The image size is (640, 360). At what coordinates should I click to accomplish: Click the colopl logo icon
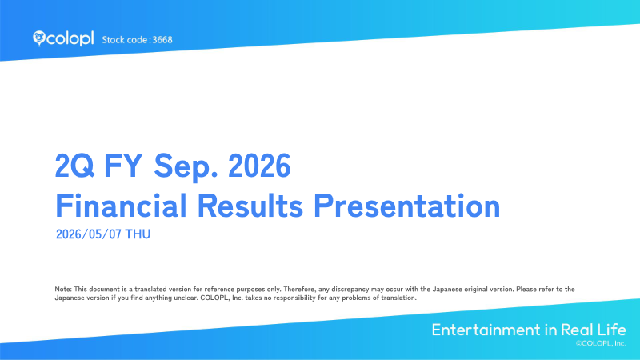pyautogui.click(x=38, y=38)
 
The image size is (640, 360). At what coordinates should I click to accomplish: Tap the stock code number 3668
pyautogui.click(x=162, y=40)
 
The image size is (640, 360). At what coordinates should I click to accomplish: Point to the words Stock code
pyautogui.click(x=125, y=40)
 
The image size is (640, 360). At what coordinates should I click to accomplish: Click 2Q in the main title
pyautogui.click(x=74, y=166)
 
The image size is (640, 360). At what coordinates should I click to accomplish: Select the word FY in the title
pyautogui.click(x=123, y=166)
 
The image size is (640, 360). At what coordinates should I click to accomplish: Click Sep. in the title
pyautogui.click(x=186, y=166)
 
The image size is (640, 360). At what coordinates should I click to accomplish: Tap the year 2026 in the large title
pyautogui.click(x=259, y=166)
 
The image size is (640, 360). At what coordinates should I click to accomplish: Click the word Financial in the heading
pyautogui.click(x=121, y=206)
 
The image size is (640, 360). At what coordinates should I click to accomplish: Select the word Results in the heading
pyautogui.click(x=250, y=206)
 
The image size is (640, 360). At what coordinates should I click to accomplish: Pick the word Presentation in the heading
pyautogui.click(x=407, y=206)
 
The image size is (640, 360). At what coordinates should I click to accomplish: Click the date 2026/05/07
pyautogui.click(x=89, y=234)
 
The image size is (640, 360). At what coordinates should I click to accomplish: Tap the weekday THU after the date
pyautogui.click(x=138, y=234)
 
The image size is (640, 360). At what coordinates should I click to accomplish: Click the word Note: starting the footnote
pyautogui.click(x=63, y=289)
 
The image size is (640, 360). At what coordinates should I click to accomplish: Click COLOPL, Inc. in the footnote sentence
pyautogui.click(x=222, y=298)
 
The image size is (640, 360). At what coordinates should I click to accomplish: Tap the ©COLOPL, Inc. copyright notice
pyautogui.click(x=601, y=343)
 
